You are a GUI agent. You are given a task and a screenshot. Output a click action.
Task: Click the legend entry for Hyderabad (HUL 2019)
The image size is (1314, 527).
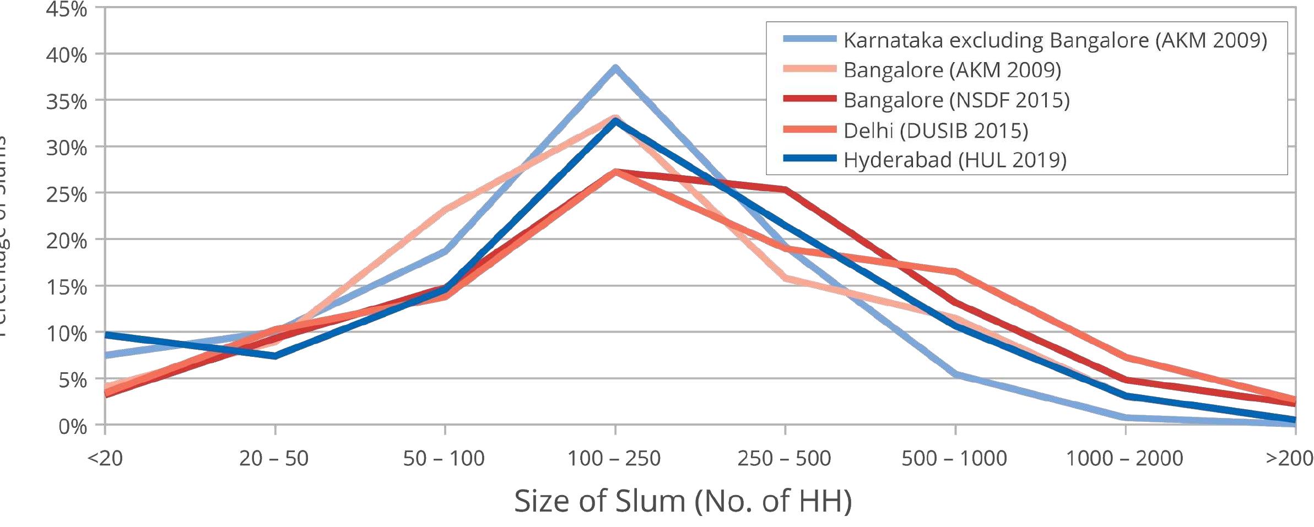[954, 160]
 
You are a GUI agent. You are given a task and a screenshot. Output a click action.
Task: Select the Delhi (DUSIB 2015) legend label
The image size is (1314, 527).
[935, 131]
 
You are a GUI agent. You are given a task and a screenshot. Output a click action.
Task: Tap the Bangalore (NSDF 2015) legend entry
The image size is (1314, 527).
[956, 100]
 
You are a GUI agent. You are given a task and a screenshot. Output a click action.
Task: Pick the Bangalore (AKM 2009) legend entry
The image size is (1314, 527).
[951, 70]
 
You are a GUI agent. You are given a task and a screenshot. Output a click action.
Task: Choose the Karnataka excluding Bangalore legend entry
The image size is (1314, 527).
[1055, 41]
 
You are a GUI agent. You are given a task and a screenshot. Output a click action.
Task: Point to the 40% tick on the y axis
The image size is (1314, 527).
[67, 55]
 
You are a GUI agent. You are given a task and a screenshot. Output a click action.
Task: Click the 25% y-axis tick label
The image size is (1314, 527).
[67, 194]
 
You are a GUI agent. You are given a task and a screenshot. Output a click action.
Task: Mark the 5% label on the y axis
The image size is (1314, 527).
[72, 380]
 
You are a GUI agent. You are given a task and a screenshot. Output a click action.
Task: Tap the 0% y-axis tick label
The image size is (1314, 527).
[72, 426]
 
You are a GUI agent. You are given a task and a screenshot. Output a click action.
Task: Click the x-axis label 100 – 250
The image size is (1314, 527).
[614, 458]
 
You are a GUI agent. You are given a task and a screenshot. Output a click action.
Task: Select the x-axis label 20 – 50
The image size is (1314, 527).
[274, 458]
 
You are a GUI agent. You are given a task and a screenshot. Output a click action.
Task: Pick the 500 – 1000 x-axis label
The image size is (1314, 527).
[954, 458]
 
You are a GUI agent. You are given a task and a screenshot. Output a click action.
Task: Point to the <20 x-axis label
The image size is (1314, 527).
[105, 458]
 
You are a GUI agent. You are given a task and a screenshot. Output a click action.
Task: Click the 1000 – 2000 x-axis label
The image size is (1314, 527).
[1124, 458]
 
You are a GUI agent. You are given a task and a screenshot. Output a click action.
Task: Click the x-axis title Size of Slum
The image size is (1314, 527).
[683, 501]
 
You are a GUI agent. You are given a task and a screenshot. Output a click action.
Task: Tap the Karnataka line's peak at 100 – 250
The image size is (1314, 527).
[615, 68]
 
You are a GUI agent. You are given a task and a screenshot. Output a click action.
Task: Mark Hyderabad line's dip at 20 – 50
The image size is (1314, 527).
[275, 356]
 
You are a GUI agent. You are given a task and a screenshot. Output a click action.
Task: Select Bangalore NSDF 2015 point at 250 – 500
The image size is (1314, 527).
[785, 189]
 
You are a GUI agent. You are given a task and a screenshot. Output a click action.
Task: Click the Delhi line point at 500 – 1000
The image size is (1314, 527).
[955, 271]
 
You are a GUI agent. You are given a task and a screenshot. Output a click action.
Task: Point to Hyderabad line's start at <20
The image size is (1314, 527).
[106, 334]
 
